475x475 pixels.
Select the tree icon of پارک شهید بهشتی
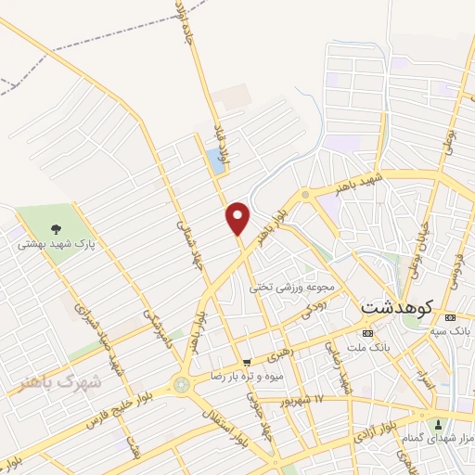point(58,227)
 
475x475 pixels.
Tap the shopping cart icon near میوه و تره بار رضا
point(246,362)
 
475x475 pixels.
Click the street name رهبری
point(279,354)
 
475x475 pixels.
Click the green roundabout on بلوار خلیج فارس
point(180,383)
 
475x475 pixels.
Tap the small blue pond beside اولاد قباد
point(217,161)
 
